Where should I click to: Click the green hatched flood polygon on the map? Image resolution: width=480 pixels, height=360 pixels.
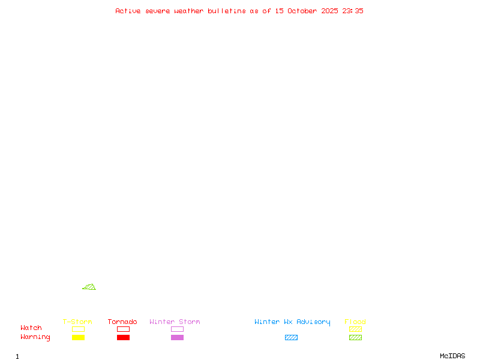90,287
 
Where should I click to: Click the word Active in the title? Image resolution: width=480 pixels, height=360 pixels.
128,11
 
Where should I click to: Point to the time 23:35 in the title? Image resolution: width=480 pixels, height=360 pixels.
353,11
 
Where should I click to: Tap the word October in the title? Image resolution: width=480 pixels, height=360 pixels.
307,11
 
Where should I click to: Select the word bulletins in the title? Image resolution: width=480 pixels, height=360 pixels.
227,11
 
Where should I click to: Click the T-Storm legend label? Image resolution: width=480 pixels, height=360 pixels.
77,322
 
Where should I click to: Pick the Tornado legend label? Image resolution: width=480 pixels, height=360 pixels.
122,322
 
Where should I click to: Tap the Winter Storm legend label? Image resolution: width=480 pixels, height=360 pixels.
175,322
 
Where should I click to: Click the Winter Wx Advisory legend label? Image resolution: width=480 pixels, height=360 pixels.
292,322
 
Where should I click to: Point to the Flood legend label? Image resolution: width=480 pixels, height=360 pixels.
355,322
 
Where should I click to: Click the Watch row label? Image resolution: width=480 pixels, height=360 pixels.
31,328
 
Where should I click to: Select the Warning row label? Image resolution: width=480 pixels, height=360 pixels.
35,337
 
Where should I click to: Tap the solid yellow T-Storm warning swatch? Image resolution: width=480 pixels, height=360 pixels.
78,337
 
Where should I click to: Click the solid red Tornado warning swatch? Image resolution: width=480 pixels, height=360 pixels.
123,337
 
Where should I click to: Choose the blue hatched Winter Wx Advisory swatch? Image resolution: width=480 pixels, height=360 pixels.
291,337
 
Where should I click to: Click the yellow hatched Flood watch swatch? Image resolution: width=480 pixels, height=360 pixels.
355,329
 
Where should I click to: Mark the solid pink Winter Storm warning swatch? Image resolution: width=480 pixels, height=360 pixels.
177,337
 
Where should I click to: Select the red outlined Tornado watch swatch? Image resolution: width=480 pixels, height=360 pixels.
123,329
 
